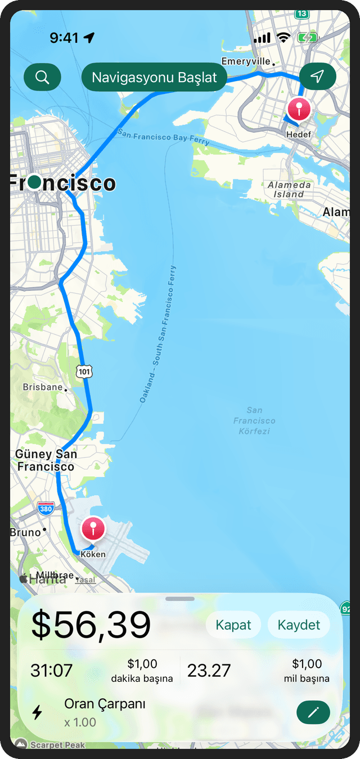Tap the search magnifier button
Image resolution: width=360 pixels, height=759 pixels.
(42, 77)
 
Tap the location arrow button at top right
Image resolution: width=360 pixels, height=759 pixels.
(317, 77)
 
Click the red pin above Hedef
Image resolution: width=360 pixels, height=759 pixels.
(299, 109)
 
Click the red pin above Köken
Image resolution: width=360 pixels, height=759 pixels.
(93, 529)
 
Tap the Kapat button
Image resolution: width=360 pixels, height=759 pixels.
(233, 625)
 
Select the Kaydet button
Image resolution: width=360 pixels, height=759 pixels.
(299, 625)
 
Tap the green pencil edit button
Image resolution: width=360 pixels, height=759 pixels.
(313, 713)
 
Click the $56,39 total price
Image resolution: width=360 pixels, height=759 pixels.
(91, 625)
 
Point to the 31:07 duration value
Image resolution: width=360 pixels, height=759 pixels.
(51, 671)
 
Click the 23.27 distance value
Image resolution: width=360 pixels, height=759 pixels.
(209, 671)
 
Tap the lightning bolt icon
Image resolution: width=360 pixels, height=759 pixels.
(37, 712)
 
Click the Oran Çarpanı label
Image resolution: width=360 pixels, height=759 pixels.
(105, 704)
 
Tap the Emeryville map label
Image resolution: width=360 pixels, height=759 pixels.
(246, 61)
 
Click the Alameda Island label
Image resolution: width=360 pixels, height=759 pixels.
(289, 189)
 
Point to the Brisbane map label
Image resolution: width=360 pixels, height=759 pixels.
(43, 387)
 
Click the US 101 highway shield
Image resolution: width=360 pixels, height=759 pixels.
(85, 371)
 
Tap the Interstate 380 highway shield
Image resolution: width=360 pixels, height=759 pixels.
(46, 509)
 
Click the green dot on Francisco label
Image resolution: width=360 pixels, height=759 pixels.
(34, 182)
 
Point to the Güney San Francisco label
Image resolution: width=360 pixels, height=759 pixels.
(46, 460)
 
